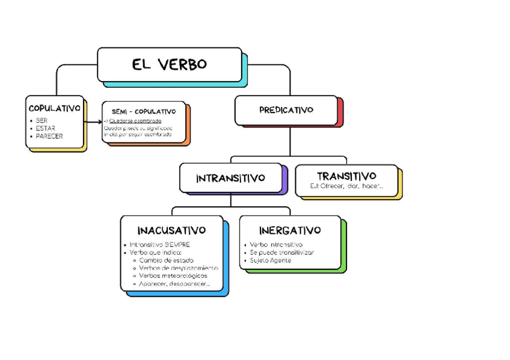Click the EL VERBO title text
click(169, 64)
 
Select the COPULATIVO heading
click(54, 108)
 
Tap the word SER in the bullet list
click(41, 120)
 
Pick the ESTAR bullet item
click(45, 128)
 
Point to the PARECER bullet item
click(49, 136)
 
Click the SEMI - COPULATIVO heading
click(144, 112)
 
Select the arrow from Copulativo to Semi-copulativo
click(93, 122)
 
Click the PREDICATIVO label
click(286, 110)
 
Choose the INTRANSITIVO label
click(230, 178)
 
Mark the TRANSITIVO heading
click(346, 176)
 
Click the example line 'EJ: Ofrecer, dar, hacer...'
click(346, 186)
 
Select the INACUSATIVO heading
click(171, 230)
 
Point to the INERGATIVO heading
click(290, 230)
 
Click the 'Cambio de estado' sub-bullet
click(166, 260)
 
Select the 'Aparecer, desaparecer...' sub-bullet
click(174, 283)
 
